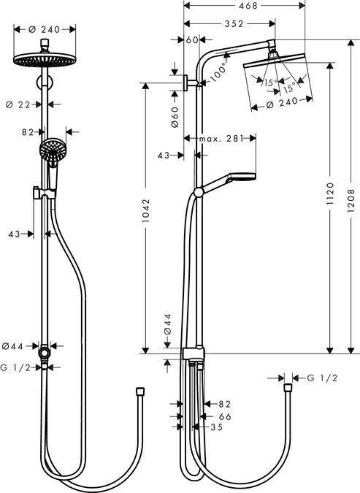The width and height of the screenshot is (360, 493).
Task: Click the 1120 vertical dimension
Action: click(x=330, y=196)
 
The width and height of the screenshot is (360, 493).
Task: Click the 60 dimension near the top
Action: click(x=192, y=39)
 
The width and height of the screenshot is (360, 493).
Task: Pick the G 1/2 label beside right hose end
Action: click(x=322, y=378)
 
